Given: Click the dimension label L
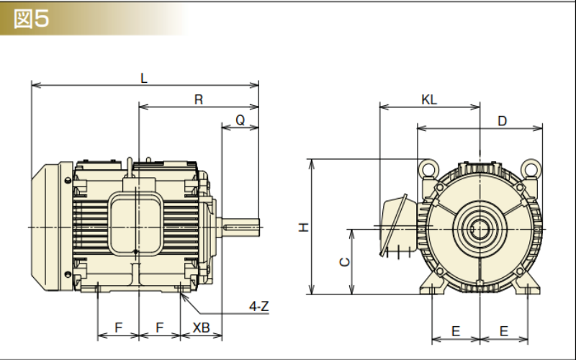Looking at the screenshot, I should [x=144, y=79].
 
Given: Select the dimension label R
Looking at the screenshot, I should [x=199, y=100].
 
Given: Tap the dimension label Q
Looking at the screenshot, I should [x=240, y=120].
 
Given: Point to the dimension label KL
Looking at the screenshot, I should [x=429, y=100].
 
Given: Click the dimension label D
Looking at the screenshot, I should [x=503, y=121].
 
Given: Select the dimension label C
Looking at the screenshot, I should [x=345, y=262].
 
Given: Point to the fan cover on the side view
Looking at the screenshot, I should [x=49, y=226].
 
